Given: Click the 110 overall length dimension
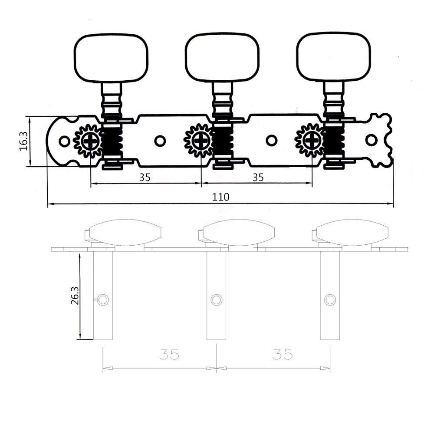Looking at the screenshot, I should (x=220, y=197).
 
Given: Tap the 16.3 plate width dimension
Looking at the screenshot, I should (x=23, y=141).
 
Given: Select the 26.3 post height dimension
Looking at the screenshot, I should (x=74, y=296).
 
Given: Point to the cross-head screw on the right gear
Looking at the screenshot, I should (x=312, y=141).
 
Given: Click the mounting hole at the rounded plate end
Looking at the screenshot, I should (x=64, y=141).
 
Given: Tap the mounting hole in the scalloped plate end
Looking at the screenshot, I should (x=371, y=140).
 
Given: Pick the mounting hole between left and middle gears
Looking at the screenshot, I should (x=160, y=141).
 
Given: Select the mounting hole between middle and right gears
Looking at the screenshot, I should (x=272, y=141).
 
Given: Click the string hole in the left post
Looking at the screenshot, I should (x=103, y=299).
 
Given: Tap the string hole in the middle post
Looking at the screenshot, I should (x=216, y=299).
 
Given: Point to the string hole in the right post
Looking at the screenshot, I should (x=330, y=299).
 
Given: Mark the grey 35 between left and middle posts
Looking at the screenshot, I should (x=169, y=355).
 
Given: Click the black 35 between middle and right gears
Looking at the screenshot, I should (x=258, y=177).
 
